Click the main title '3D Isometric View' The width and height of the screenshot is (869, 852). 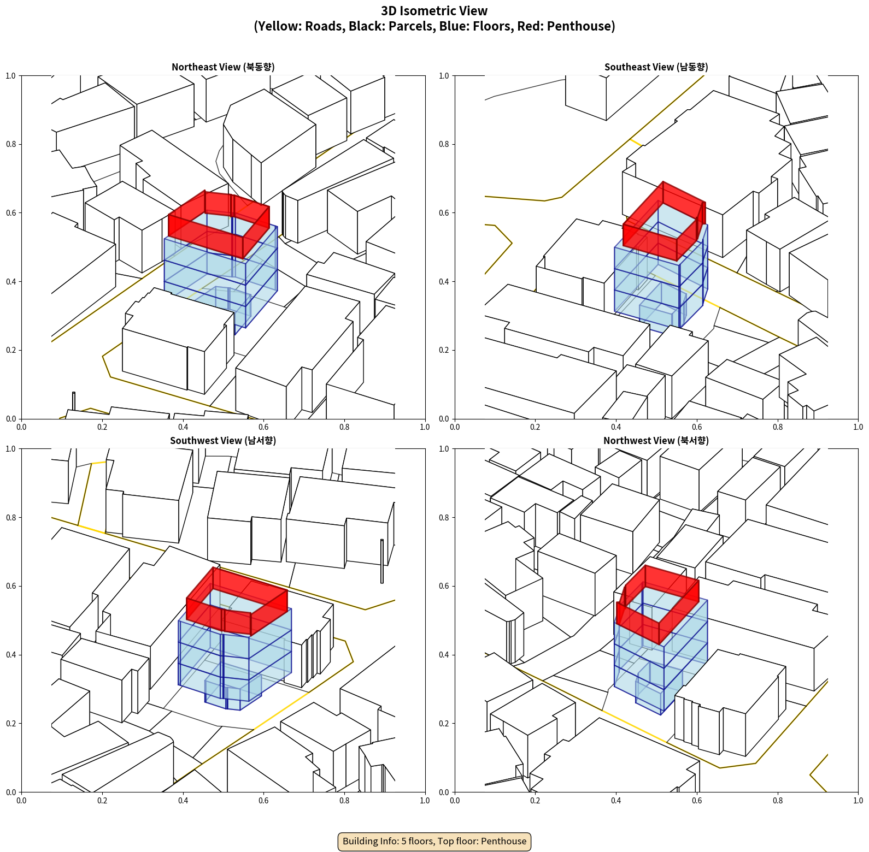pyautogui.click(x=434, y=11)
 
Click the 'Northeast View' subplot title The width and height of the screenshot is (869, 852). pyautogui.click(x=223, y=67)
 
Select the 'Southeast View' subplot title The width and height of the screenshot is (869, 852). pyautogui.click(x=656, y=67)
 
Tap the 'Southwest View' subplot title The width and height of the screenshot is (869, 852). pyautogui.click(x=223, y=441)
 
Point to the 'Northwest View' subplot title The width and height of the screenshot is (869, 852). pyautogui.click(x=656, y=441)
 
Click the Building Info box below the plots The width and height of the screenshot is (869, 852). pyautogui.click(x=434, y=841)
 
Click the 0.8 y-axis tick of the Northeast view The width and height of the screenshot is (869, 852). pyautogui.click(x=10, y=144)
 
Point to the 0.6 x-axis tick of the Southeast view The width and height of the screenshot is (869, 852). pyautogui.click(x=697, y=427)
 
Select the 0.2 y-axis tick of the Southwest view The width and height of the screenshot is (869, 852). pyautogui.click(x=10, y=723)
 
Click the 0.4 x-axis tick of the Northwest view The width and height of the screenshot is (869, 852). pyautogui.click(x=616, y=801)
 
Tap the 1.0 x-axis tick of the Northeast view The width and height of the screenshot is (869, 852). pyautogui.click(x=425, y=427)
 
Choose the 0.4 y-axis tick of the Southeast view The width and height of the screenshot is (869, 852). pyautogui.click(x=443, y=281)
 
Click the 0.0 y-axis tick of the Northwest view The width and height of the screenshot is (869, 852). pyautogui.click(x=443, y=792)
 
